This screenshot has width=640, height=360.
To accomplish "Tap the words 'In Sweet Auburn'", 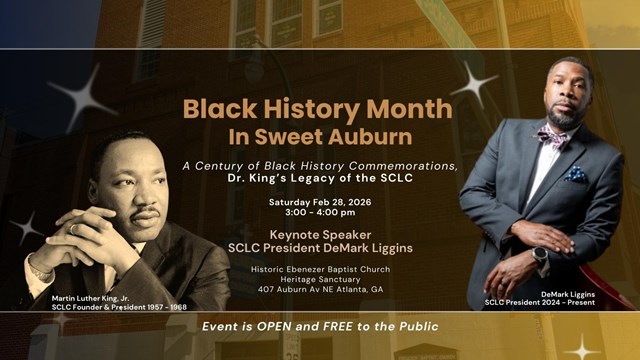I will (x=317, y=135).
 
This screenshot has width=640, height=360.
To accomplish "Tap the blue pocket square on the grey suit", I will (x=575, y=174).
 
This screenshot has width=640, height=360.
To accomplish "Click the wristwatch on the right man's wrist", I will (x=540, y=256).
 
